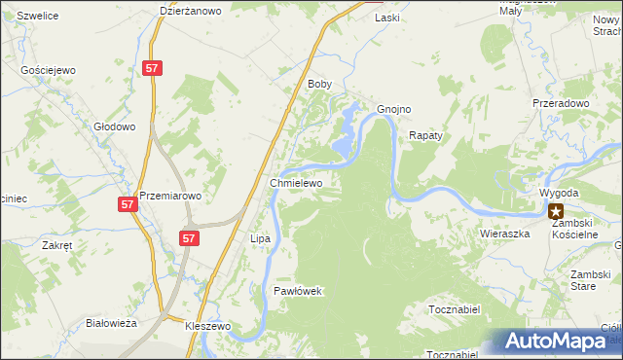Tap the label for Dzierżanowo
point(191,11)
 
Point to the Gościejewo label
point(48,71)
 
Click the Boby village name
point(320,85)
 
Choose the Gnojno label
point(394,109)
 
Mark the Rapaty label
point(425,135)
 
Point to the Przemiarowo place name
point(170,195)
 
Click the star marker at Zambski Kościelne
point(556,209)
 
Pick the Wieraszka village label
point(503,234)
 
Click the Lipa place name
point(260,238)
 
